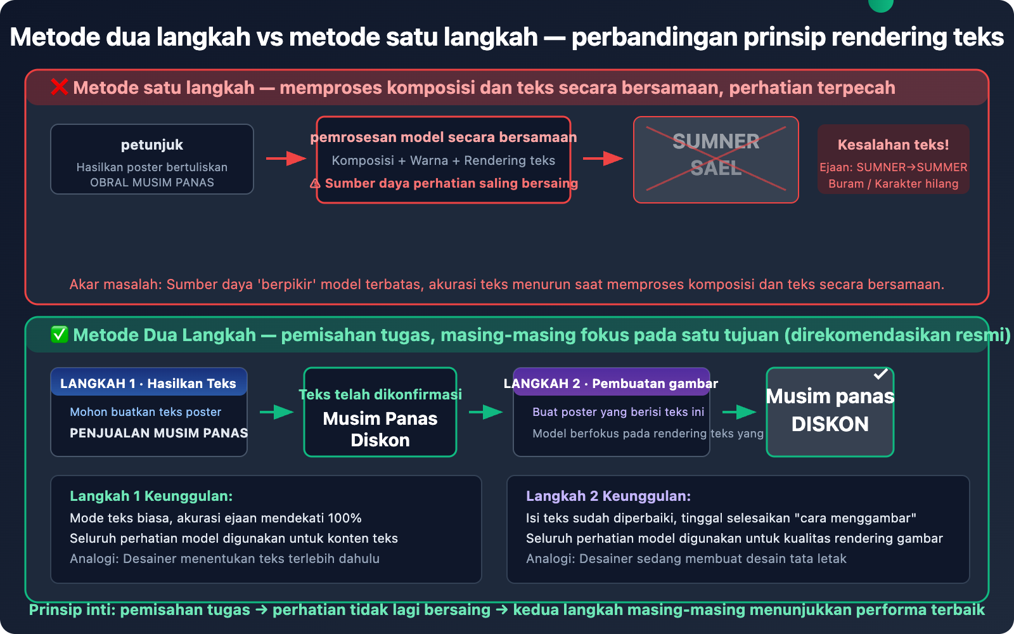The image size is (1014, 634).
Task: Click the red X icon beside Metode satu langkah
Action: point(60,87)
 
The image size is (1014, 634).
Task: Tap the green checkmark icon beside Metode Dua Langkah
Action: point(60,335)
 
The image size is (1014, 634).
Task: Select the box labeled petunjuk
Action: point(152,159)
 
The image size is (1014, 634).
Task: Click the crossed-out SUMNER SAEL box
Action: point(716,160)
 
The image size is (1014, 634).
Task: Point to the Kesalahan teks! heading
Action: point(893,145)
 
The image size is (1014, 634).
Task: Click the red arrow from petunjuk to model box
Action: point(286,158)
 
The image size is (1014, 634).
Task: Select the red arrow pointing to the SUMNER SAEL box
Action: point(603,158)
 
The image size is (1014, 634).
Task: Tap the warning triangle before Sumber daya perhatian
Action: point(315,184)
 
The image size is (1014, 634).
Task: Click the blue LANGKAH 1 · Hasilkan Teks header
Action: point(148,383)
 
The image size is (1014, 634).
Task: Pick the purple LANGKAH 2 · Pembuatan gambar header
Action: point(611,383)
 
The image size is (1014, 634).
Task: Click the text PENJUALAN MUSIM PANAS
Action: point(158,433)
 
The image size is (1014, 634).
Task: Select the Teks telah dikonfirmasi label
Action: point(380,394)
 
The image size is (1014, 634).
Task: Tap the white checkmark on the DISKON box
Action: point(880,374)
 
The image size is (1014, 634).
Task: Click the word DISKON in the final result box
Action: point(830,424)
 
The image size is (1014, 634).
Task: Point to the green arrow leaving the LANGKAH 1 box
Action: point(276,412)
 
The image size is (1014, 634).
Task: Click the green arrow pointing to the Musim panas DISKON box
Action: point(739,412)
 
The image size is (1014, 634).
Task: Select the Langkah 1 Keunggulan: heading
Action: point(151,496)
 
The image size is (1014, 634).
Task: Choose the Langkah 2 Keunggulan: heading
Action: point(608,496)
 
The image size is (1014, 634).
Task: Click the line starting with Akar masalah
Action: point(506,284)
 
